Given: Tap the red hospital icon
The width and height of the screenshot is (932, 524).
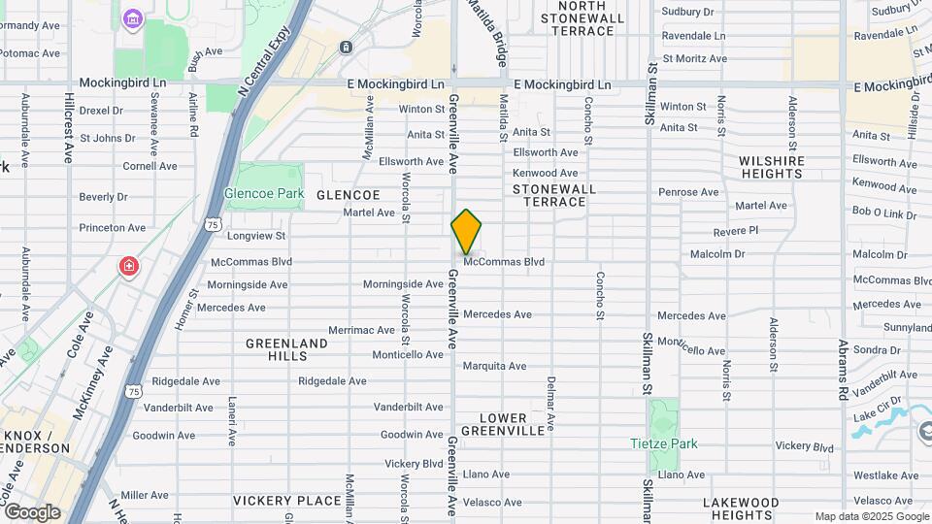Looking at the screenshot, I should pos(128,266).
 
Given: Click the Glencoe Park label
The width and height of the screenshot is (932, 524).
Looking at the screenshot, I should pos(264,193).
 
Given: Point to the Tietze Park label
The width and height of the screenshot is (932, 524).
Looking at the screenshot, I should pos(663,443).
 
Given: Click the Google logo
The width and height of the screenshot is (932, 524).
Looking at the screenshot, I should pos(31,511).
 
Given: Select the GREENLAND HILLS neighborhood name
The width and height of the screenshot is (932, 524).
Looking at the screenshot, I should pos(286,349).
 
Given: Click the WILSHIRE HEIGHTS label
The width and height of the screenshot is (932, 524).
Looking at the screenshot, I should pos(772,167).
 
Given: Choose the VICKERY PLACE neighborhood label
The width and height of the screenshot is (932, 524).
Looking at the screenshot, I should pos(287,501).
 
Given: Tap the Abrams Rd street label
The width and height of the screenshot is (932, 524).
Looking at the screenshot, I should pos(843,373).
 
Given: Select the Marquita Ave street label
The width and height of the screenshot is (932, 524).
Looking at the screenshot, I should pos(494,366).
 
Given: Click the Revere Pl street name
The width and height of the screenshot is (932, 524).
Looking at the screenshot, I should pos(735,231).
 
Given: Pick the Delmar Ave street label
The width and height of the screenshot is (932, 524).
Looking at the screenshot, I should pos(550,404).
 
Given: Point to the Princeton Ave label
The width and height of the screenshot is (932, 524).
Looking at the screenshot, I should pos(113,228).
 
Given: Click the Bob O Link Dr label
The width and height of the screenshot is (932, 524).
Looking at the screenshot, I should pos(884,211).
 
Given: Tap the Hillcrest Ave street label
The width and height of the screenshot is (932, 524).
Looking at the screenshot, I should pos(69,127).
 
